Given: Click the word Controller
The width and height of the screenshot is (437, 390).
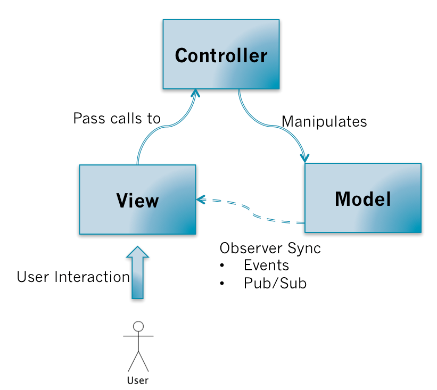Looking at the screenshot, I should tap(221, 55).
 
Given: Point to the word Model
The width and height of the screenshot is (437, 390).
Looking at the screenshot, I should tap(362, 198).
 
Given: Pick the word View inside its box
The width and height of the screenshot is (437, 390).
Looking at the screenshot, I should tap(137, 201).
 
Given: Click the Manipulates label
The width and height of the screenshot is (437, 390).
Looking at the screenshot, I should tap(324, 122).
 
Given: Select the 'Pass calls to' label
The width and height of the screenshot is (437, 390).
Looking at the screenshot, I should tap(117, 118).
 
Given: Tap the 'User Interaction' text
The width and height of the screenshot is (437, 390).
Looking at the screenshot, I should tap(73, 277).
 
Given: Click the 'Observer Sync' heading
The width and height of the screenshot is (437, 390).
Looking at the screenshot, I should tap(270, 248).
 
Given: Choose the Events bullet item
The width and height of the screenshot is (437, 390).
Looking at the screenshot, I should tap(266, 265).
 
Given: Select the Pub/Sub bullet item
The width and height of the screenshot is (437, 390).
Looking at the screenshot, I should tap(275, 283).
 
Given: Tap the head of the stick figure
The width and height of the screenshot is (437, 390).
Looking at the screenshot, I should tap(138, 326).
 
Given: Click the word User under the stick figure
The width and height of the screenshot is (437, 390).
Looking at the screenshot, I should tap(138, 380).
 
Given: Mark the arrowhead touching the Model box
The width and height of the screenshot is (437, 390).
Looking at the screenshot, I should tap(305, 158).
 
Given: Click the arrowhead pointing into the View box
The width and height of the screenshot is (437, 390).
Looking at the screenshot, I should tap(201, 200).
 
